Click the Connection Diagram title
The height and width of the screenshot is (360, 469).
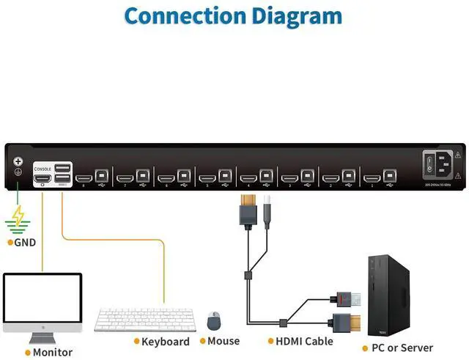click(233, 15)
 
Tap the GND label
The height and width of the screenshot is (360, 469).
click(25, 242)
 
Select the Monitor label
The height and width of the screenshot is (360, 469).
click(52, 352)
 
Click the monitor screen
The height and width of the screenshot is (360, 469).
click(43, 301)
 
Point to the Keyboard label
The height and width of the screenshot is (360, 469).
click(165, 342)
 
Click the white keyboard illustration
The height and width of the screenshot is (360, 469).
click(143, 320)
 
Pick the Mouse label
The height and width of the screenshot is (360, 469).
click(224, 341)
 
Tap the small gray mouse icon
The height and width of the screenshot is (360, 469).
click(214, 320)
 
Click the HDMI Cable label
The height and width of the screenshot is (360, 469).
click(303, 341)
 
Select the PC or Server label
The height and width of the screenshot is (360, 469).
click(402, 348)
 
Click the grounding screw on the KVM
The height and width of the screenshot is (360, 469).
click(18, 162)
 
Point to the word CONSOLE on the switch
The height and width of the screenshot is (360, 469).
click(43, 169)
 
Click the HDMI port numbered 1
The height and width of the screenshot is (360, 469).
click(371, 177)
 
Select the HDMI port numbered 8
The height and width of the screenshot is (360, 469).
click(84, 177)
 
